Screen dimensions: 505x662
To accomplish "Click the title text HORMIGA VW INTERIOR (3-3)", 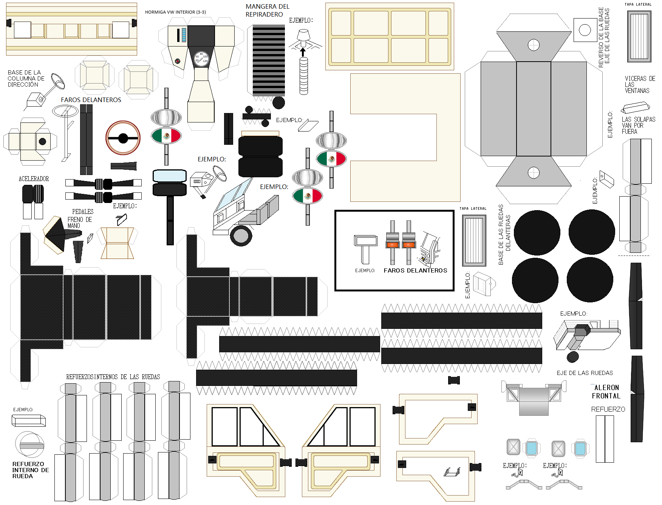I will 175,12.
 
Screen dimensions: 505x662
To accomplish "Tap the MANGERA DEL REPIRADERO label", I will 267,11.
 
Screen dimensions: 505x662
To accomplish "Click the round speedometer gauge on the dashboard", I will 201,59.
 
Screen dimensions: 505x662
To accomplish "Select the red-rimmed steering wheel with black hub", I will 123,138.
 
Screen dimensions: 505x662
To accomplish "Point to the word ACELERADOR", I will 34,179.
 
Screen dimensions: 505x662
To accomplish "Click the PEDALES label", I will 83,212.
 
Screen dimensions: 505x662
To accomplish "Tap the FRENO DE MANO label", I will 79,222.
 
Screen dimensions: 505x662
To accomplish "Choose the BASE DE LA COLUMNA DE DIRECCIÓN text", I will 26,78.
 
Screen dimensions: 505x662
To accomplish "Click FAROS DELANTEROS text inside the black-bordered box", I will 415,271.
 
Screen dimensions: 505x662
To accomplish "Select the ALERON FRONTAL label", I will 606,392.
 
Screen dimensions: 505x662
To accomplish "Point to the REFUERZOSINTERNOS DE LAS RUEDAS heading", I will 113,377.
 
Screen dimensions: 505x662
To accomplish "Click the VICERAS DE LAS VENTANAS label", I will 639,85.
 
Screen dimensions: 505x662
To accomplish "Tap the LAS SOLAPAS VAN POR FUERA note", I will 638,125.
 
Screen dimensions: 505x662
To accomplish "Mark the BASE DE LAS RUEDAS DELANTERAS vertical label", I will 504,234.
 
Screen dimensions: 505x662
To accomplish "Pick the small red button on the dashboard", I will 178,61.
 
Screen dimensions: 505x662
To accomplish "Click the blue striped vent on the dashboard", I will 184,35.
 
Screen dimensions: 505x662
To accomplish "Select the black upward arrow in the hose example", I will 303,52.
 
